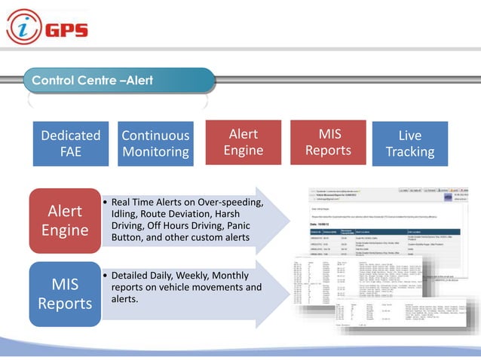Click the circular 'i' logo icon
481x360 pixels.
point(23,28)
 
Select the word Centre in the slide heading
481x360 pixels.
point(94,80)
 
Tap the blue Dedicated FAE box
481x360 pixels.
point(70,143)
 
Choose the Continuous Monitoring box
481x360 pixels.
point(155,143)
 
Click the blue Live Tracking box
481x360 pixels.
point(409,143)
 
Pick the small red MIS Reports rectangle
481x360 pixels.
point(329,142)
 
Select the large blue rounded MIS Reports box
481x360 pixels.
point(65,294)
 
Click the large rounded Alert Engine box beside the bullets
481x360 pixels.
point(65,220)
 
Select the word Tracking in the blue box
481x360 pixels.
point(409,151)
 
